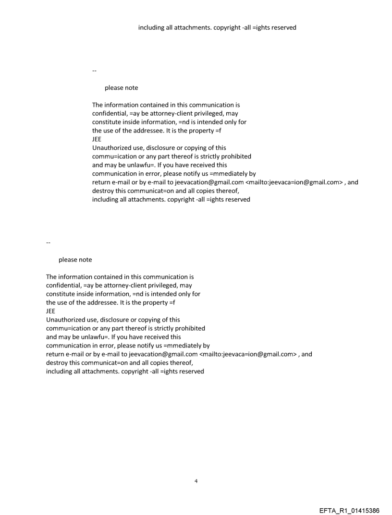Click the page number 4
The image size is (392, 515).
pos(196,481)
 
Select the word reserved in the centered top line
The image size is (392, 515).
pos(283,27)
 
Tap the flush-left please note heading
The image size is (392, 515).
pos(75,260)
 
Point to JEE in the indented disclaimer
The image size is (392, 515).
pos(97,140)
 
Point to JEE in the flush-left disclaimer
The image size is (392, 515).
pos(50,311)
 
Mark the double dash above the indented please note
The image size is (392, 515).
pos(94,71)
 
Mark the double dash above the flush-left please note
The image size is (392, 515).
pos(48,243)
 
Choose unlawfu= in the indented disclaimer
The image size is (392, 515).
pos(133,165)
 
